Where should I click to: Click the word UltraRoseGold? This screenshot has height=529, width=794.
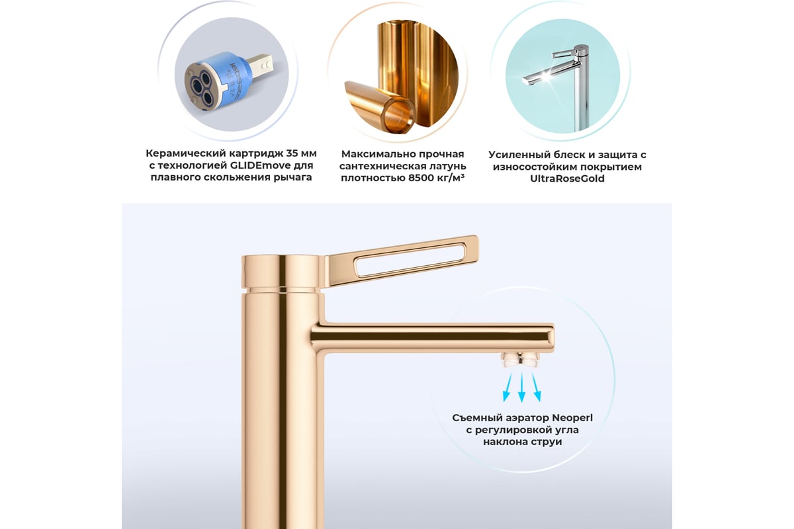point(567,179)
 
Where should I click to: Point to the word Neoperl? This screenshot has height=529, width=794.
point(572,418)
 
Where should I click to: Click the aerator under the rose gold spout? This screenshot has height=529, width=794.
point(520,359)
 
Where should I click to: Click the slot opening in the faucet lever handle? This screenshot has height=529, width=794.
point(410,259)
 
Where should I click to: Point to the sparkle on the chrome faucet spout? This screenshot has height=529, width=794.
point(545,75)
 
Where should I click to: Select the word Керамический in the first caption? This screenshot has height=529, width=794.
point(185,153)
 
